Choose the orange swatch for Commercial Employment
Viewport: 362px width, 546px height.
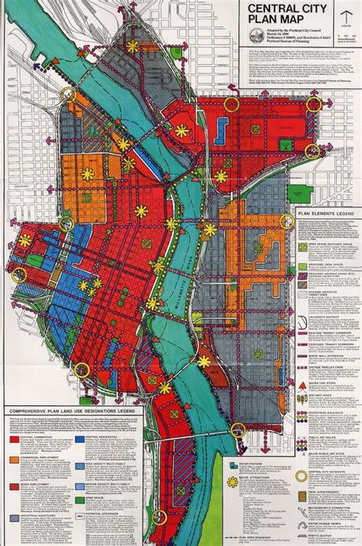point(15,461)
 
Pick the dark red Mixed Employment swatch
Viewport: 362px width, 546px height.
point(15,486)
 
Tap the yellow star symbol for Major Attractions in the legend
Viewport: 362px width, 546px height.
point(232,482)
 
